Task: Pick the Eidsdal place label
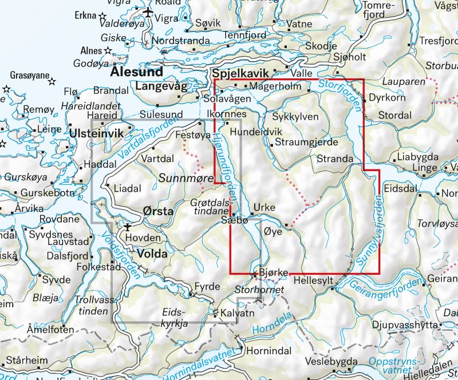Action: (x=400, y=186)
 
